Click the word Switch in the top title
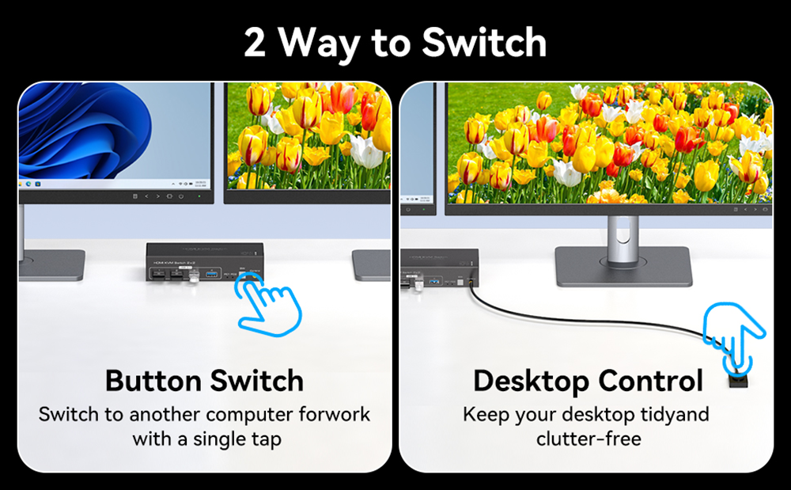(x=483, y=43)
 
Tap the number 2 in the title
(x=255, y=44)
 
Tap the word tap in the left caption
(x=266, y=439)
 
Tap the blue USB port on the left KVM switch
(x=212, y=275)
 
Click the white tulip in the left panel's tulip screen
(x=366, y=150)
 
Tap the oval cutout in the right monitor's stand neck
(x=623, y=232)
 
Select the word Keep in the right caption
(x=484, y=414)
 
